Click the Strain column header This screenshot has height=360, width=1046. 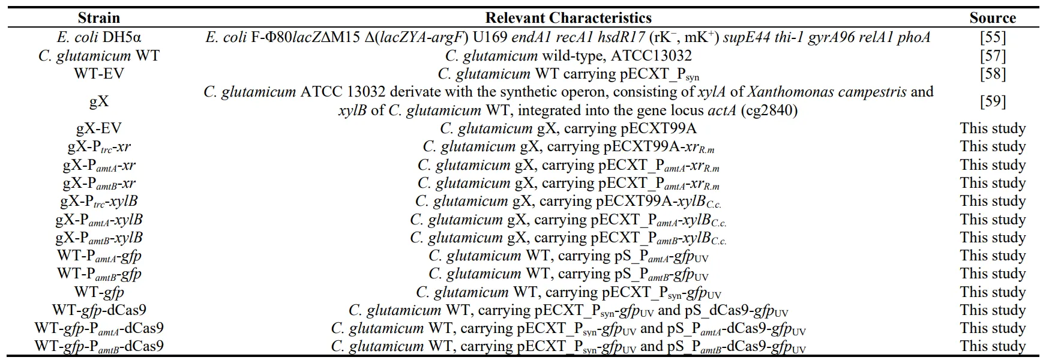point(99,17)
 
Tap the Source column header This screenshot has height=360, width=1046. point(993,17)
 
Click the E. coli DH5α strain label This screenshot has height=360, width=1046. point(99,37)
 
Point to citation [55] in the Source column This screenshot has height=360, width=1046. point(993,37)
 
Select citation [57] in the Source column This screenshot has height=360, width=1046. point(993,56)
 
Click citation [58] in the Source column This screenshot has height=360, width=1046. point(993,74)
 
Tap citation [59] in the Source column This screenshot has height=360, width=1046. point(993,101)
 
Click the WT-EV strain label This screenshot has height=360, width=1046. point(99,74)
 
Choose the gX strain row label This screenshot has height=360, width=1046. point(99,101)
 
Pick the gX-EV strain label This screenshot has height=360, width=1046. point(99,128)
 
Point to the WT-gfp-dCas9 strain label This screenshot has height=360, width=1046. point(99,310)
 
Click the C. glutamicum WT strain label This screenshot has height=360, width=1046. point(99,56)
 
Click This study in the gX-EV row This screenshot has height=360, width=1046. point(993,128)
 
